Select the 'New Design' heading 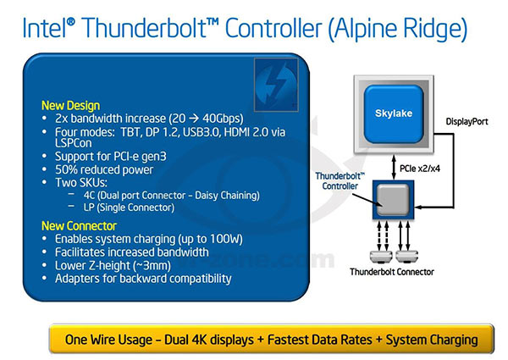tap(69, 106)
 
